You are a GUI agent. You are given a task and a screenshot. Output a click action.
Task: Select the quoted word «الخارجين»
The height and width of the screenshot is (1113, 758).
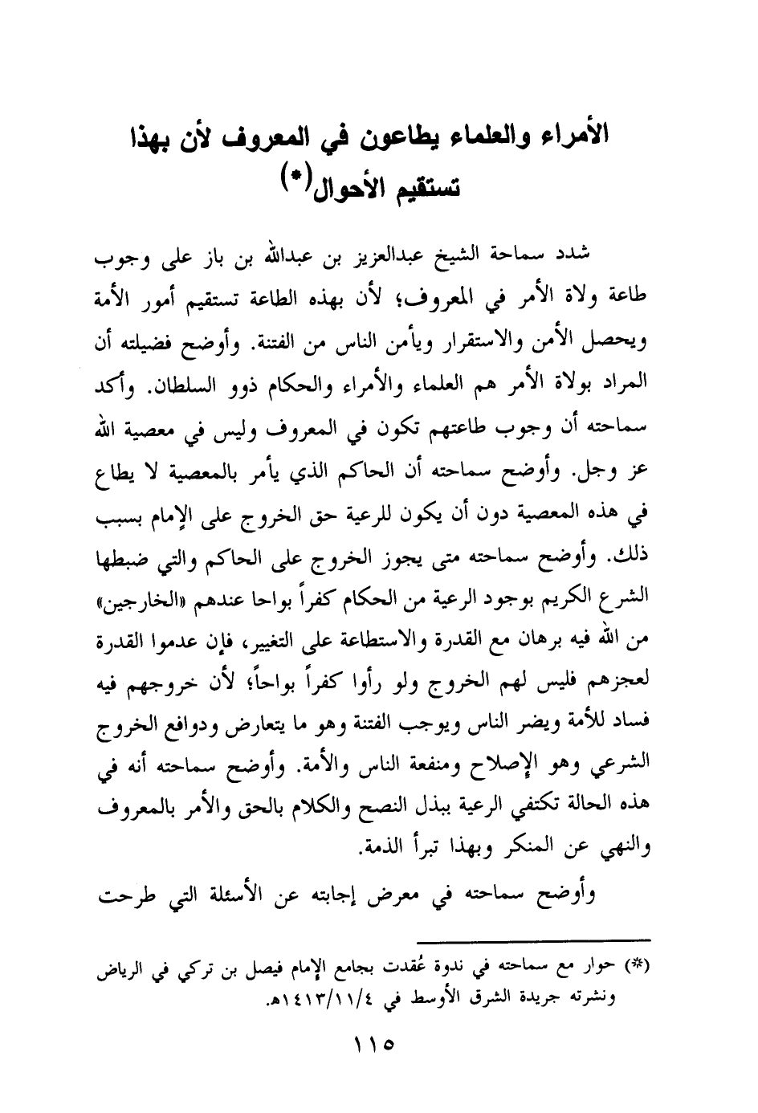[x=134, y=597]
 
